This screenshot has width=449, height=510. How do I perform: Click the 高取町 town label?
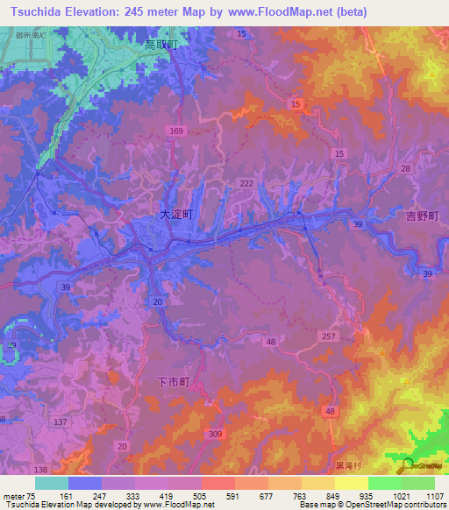pos(161,44)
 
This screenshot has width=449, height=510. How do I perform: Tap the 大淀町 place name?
pos(175,213)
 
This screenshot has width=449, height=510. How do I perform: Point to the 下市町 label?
pos(172,381)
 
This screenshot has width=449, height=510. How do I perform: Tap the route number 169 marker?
pos(177,131)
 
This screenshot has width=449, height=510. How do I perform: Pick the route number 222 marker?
pos(246,182)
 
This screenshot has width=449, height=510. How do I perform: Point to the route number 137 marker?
pos(61,422)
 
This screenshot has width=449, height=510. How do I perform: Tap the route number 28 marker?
pos(405,167)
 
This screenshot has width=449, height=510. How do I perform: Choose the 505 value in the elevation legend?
pos(201,496)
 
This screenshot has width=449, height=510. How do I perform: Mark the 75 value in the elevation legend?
pos(32,496)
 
